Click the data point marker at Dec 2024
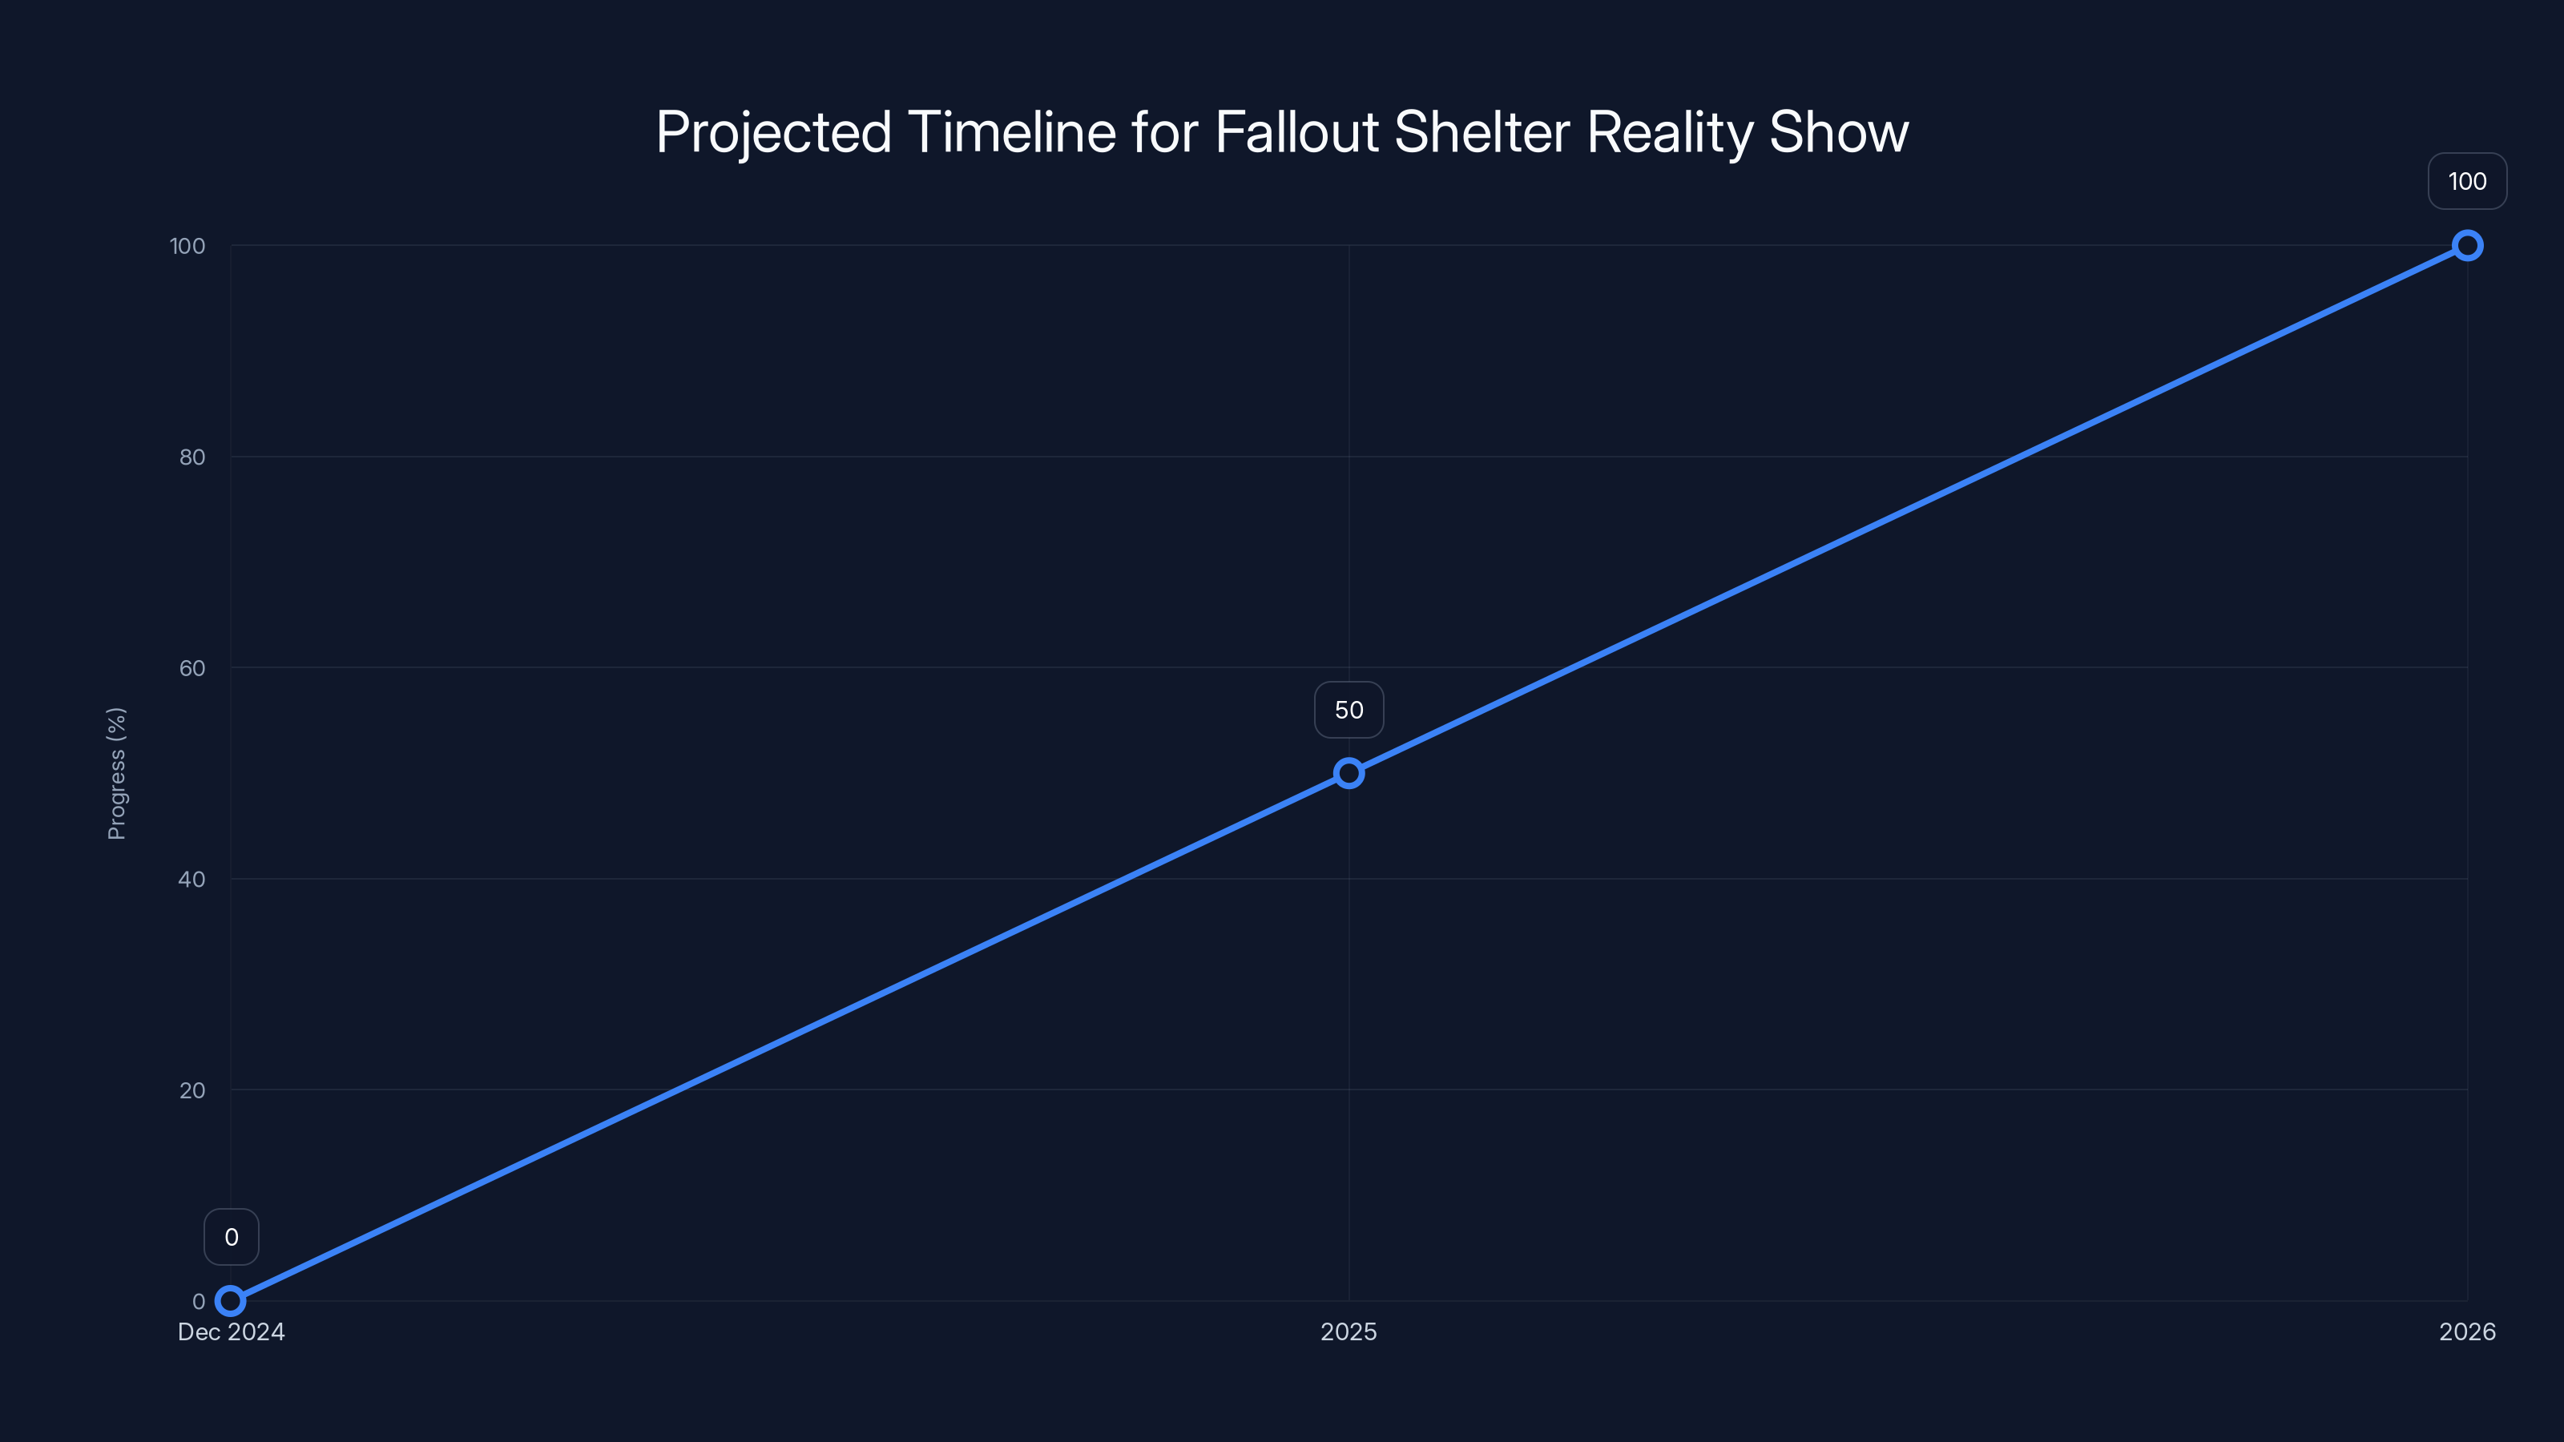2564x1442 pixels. click(231, 1301)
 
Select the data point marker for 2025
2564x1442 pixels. click(1349, 773)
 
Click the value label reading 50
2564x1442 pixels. click(1349, 710)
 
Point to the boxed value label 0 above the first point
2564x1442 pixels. click(231, 1237)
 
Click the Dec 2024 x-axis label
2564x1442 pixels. click(231, 1331)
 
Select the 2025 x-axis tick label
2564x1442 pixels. click(1349, 1331)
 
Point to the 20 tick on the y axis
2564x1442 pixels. click(192, 1090)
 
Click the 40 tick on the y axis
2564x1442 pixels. click(192, 879)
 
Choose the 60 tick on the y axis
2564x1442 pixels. click(192, 668)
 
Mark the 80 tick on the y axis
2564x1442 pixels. click(192, 457)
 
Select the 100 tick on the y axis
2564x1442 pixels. click(187, 246)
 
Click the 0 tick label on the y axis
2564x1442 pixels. click(199, 1301)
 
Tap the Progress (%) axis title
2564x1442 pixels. click(116, 773)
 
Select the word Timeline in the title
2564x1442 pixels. click(1011, 132)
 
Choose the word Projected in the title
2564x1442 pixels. click(773, 132)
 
